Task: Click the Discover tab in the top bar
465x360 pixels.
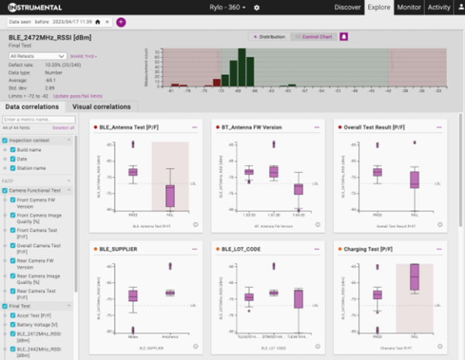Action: click(x=348, y=7)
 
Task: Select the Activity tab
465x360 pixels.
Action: click(x=439, y=7)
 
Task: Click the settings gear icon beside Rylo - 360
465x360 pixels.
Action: click(x=256, y=8)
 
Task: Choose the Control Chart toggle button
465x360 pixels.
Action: click(x=315, y=36)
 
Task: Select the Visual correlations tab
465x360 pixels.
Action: click(x=102, y=107)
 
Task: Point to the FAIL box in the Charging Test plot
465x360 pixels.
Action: click(x=414, y=277)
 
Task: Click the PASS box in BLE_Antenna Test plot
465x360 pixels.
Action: click(x=133, y=171)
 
